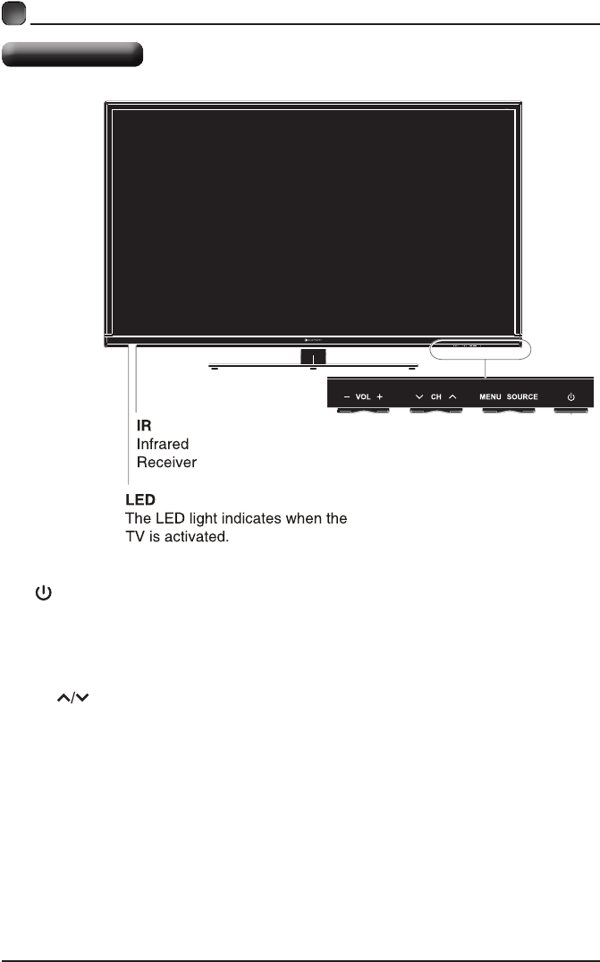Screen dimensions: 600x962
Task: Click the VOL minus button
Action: (346, 396)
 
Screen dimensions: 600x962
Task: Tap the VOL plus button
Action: (379, 396)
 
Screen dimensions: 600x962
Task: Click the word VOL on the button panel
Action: (362, 396)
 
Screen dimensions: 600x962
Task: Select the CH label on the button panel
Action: (435, 396)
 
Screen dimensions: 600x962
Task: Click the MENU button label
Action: (490, 396)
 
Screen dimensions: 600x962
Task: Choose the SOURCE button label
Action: (522, 396)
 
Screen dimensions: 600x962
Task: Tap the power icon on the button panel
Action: (570, 396)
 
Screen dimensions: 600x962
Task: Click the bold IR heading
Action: (143, 427)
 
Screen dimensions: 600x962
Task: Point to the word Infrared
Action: (163, 444)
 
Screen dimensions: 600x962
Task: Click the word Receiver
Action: (166, 462)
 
